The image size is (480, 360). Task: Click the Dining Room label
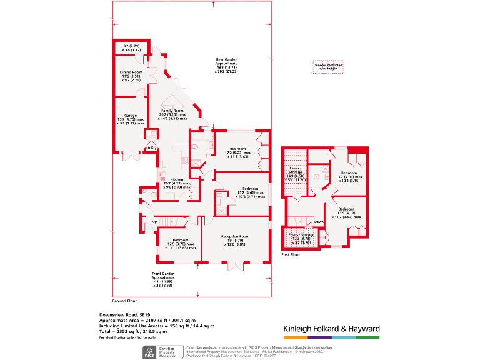(x=131, y=72)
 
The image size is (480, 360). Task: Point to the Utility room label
(x=151, y=147)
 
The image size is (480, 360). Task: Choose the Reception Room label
(x=236, y=236)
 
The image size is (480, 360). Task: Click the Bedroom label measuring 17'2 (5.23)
(x=239, y=149)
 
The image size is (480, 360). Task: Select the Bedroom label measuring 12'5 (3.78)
(x=181, y=240)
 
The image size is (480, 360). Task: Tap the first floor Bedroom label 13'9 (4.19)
(x=346, y=209)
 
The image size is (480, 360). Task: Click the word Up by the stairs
(x=154, y=222)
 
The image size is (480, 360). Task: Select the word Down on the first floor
(x=319, y=222)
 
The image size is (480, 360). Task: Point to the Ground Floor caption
(x=124, y=301)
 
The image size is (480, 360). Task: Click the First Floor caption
(x=291, y=254)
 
